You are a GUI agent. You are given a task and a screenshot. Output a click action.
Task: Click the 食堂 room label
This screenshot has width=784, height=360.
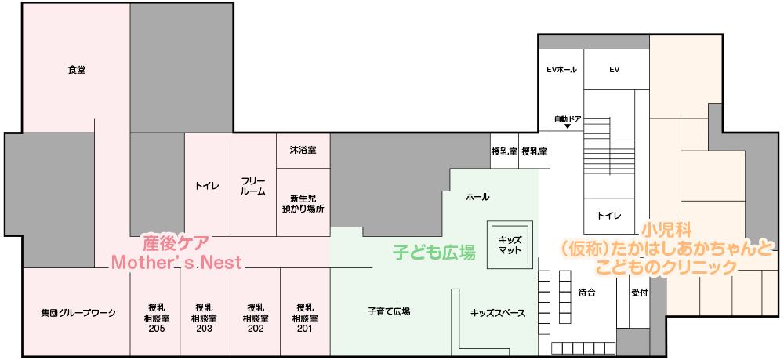[x=77, y=71]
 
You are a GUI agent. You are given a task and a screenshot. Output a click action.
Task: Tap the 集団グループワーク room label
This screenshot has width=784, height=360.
[x=78, y=314]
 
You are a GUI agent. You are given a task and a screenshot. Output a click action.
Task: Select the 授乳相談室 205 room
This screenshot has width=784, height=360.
[x=155, y=312]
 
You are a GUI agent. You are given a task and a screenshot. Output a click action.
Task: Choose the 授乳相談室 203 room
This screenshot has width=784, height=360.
[x=205, y=312]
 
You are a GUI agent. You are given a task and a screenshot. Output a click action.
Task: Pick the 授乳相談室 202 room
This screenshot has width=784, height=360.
[x=255, y=312]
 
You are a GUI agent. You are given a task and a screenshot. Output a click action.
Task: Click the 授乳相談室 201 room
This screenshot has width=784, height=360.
[x=305, y=312]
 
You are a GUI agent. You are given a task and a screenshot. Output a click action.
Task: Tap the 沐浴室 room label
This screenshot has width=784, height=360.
[x=303, y=150]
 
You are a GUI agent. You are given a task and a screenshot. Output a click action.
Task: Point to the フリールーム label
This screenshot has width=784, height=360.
[x=253, y=186]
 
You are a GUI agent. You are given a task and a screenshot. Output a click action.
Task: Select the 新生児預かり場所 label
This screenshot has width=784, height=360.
[x=303, y=203]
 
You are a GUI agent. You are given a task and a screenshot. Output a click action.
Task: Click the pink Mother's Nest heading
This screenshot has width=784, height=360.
[x=176, y=262]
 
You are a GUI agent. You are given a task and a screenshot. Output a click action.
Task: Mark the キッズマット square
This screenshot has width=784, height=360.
[x=510, y=245]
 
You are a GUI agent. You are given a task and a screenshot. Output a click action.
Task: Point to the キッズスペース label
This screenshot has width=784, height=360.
[x=498, y=314]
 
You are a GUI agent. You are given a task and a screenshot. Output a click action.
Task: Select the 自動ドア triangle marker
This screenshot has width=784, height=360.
[x=568, y=126]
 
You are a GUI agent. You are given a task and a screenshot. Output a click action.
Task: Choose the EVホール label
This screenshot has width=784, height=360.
[x=561, y=70]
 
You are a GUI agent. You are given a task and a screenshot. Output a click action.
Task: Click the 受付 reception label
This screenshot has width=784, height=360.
[x=639, y=293]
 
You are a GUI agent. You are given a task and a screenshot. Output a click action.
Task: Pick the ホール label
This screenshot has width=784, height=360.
[x=477, y=198]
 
